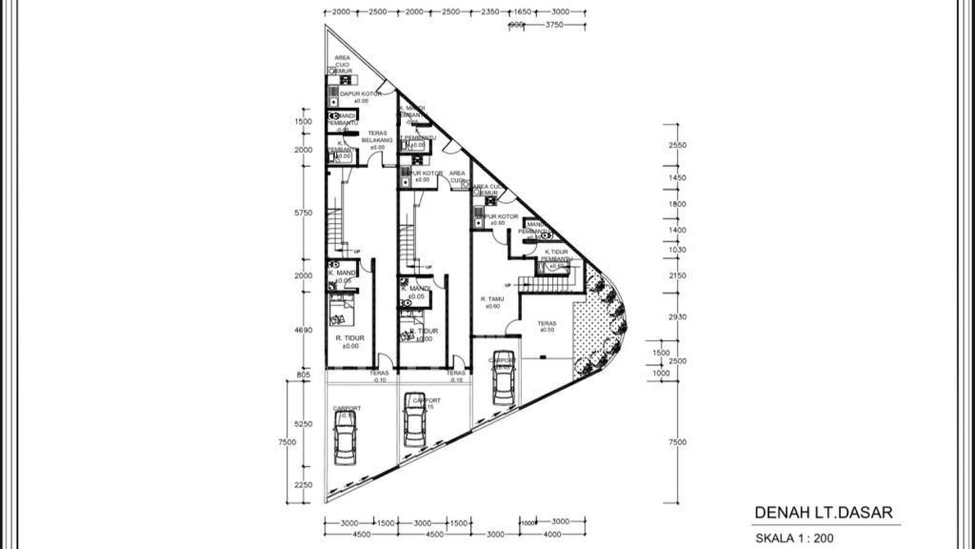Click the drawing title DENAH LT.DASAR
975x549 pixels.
pos(823,513)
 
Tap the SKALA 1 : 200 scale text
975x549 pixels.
pos(794,538)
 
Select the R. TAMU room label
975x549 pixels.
pos(492,299)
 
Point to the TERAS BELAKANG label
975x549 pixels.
pos(377,137)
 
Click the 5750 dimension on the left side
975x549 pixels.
pos(303,213)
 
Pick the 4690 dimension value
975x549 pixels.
pos(303,330)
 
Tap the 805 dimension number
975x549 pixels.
pos(303,375)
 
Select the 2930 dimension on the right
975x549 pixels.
pos(677,317)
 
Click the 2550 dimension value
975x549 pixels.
pos(677,145)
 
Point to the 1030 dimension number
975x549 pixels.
pos(677,250)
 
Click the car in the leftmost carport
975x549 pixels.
pos(345,437)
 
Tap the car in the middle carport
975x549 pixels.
pos(415,419)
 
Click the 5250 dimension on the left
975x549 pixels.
pos(303,425)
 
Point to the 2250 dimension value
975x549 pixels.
pos(303,485)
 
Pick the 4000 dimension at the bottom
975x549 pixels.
pos(552,534)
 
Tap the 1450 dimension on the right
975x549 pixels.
pos(677,178)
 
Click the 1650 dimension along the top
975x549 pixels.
pos(522,12)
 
